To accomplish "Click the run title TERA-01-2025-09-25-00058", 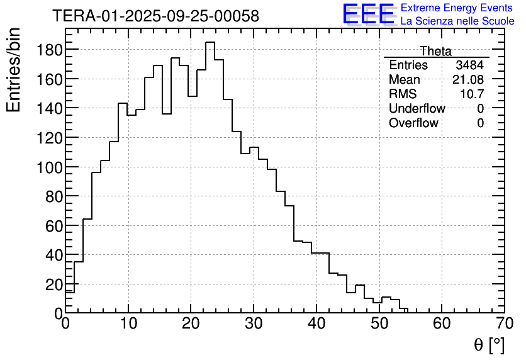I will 155,16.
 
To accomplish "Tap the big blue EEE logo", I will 369,14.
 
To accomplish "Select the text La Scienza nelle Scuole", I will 457,21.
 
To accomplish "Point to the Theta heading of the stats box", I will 435,51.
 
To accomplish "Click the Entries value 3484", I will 470,65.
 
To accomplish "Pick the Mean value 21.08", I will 468,80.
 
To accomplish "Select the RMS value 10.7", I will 471,94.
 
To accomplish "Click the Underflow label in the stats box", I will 417,109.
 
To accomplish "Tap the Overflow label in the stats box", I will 413,123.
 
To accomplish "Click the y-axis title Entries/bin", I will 14,70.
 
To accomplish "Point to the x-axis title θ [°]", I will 489,344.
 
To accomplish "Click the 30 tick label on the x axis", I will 254,324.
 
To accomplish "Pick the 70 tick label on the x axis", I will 504,324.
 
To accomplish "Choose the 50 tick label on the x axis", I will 379,324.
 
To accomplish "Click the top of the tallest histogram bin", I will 210,42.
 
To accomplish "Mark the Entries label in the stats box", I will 408,65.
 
